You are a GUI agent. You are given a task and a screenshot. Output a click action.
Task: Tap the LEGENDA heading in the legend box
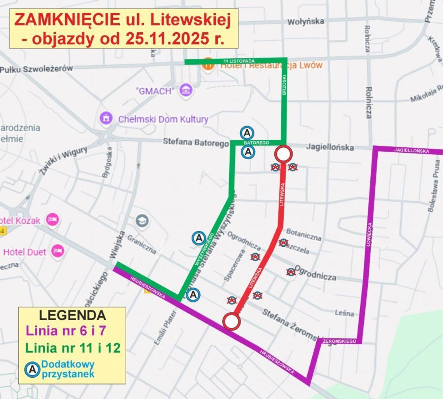(x=72, y=315)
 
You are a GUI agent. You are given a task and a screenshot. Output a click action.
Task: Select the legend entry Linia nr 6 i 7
(x=66, y=331)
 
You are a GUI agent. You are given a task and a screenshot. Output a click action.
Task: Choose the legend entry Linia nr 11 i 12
(x=73, y=348)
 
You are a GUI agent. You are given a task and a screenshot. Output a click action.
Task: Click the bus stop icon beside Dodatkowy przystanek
(x=33, y=369)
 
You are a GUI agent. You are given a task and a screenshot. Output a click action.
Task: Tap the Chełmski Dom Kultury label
(x=163, y=119)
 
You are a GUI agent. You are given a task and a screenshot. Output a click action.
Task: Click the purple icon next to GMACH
(x=187, y=91)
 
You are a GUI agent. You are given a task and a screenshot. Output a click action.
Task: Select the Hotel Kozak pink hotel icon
(x=52, y=220)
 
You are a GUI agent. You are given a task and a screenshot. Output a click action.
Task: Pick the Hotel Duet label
(x=25, y=252)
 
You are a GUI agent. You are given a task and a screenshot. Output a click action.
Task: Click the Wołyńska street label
(x=305, y=22)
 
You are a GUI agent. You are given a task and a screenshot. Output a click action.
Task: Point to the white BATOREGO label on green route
(x=256, y=143)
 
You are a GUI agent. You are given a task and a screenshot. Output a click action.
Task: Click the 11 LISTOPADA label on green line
(x=239, y=61)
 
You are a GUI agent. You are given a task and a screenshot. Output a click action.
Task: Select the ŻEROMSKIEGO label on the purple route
(x=339, y=341)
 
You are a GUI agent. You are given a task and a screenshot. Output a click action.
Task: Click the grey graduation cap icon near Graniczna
(x=142, y=221)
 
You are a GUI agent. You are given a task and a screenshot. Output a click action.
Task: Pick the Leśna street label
(x=344, y=313)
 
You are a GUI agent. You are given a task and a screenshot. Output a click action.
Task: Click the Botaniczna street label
(x=303, y=235)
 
